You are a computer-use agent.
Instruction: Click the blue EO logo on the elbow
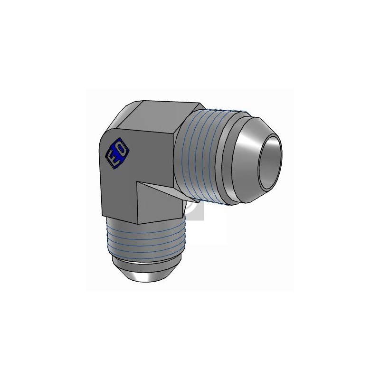(116, 152)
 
